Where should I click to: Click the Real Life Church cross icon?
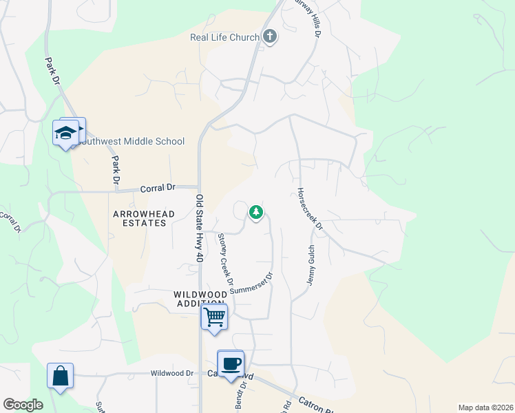click(x=270, y=37)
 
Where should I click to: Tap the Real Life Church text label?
click(x=224, y=37)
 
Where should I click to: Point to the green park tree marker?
click(x=256, y=212)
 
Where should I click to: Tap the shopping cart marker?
click(x=214, y=317)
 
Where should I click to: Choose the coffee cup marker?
click(x=231, y=363)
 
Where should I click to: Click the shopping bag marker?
click(x=60, y=377)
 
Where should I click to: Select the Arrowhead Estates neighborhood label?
click(x=144, y=219)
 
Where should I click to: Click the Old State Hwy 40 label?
click(x=200, y=227)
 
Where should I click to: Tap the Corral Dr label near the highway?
click(x=158, y=187)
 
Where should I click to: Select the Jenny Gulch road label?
click(x=311, y=266)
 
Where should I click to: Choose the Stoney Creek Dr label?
click(x=225, y=255)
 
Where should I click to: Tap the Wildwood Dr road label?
click(x=172, y=373)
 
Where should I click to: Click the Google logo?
click(x=23, y=405)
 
